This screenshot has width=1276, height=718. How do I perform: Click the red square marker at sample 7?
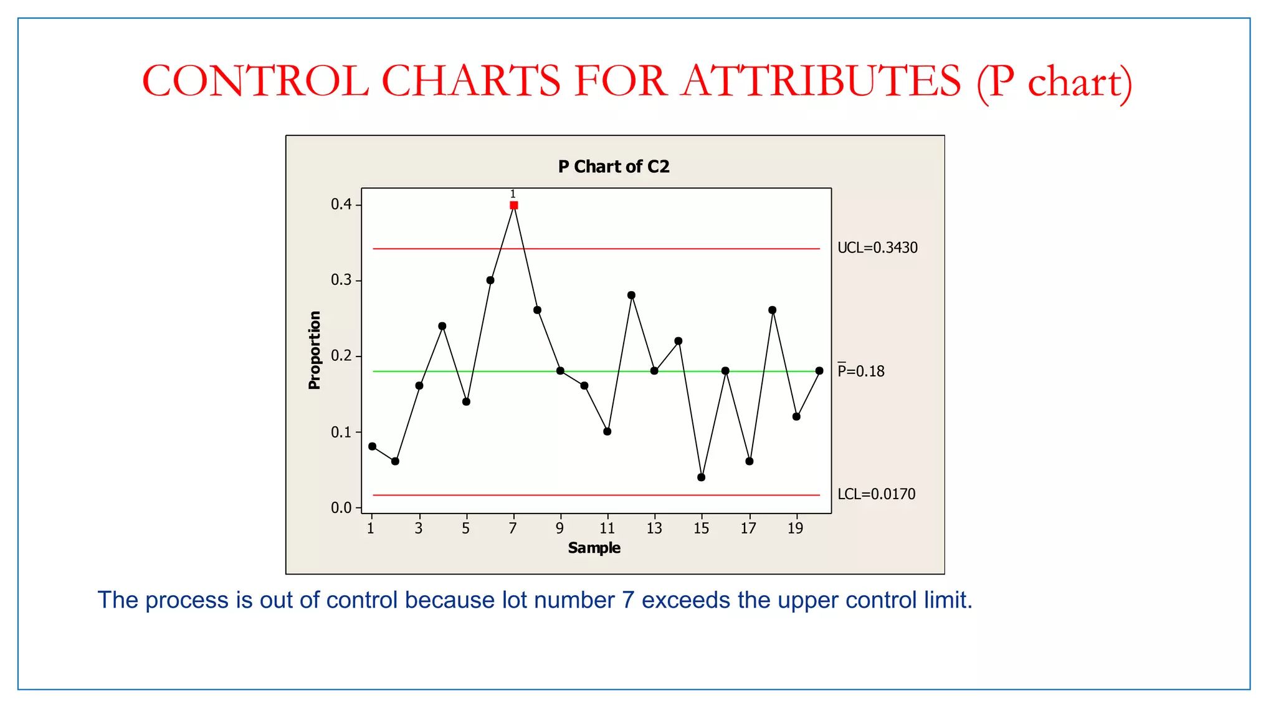[513, 205]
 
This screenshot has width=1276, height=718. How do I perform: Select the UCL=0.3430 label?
[877, 248]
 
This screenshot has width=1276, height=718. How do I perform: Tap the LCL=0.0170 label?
[876, 494]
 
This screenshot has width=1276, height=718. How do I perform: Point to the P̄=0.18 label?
[860, 371]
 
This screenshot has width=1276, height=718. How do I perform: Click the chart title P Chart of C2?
[614, 167]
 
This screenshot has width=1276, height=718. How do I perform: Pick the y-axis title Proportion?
[315, 350]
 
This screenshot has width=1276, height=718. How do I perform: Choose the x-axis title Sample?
[594, 548]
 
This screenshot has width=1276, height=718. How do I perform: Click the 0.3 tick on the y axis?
[341, 280]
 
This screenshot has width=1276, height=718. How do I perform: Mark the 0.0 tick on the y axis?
[341, 508]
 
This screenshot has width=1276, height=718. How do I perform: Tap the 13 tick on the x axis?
[654, 529]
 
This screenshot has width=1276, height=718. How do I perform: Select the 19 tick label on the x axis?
[796, 529]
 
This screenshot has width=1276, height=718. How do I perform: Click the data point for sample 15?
[702, 477]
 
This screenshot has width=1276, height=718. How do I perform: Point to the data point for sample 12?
[631, 295]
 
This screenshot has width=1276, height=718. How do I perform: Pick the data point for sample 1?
[372, 446]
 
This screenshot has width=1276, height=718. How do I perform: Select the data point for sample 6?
[490, 280]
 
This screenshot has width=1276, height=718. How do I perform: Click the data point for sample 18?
[773, 310]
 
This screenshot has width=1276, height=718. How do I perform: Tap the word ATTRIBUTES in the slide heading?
[821, 81]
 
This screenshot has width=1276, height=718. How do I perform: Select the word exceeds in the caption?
[686, 600]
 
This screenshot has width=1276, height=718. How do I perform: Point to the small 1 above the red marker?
[513, 194]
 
